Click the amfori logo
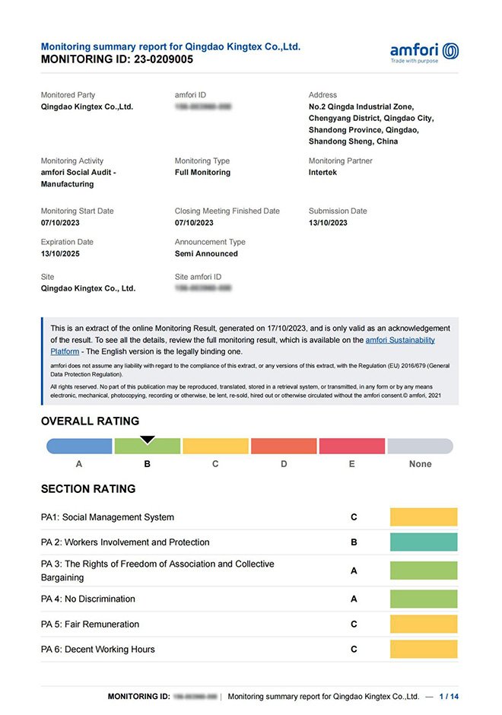424,52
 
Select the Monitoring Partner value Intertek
327,173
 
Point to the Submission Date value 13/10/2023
328,223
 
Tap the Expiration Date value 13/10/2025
60,254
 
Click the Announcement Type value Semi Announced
206,254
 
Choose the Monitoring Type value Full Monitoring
202,173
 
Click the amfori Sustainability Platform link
400,340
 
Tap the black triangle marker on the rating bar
148,440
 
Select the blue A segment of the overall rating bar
80,446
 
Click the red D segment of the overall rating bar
284,446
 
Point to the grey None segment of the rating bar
420,446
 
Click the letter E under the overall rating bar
351,464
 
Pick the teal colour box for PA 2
424,542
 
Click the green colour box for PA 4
424,599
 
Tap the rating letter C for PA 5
354,624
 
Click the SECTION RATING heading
88,489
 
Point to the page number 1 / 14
449,697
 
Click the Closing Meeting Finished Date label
227,211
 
